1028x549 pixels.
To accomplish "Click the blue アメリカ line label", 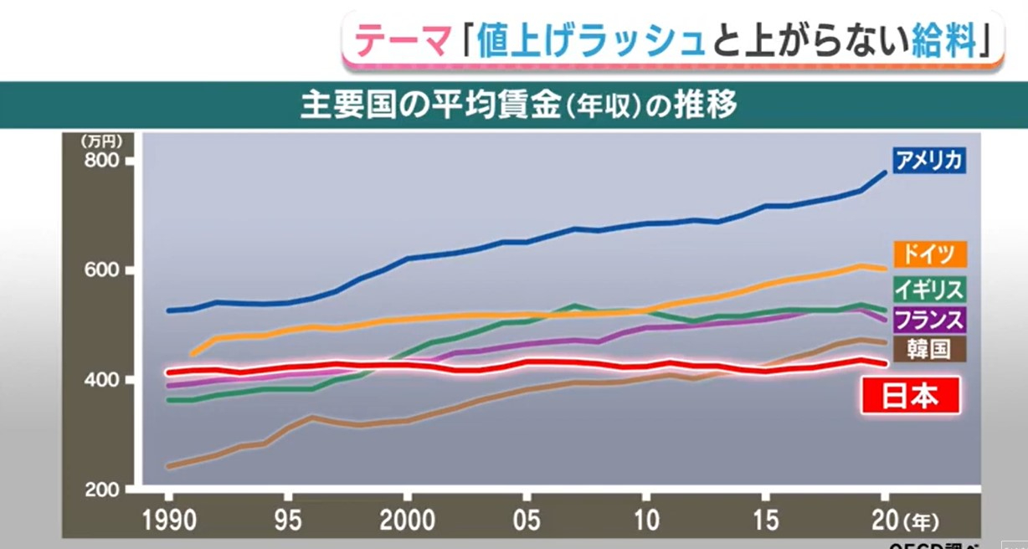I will [928, 160].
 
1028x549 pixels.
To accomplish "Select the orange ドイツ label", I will [929, 254].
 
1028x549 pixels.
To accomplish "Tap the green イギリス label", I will [929, 289].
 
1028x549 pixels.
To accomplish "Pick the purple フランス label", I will [929, 319].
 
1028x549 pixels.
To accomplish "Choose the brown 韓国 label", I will [929, 348].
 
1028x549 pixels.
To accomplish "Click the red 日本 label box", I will [910, 396].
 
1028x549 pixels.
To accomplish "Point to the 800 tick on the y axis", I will [107, 160].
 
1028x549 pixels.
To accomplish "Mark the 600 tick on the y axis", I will [107, 270].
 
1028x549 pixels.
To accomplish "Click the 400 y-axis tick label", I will [107, 380].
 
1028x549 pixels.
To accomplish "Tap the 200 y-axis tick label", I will [107, 489].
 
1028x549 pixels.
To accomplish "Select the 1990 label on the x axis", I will [169, 520].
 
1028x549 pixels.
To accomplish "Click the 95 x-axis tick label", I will [289, 520].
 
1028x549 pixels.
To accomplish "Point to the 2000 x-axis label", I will [408, 520].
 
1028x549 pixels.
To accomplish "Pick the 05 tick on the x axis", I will [527, 520].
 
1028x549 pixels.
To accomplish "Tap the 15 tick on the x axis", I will [765, 520].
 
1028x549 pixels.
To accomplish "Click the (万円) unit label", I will [101, 141].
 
